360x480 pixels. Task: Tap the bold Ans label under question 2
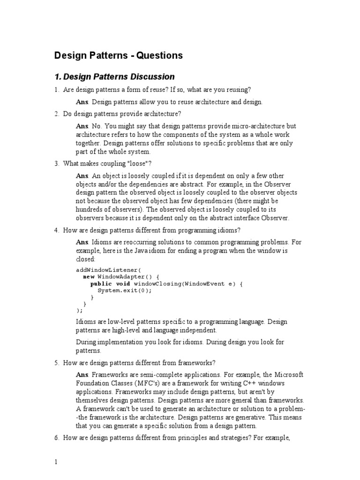coord(82,126)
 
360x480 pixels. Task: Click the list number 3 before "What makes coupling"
coord(56,163)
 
